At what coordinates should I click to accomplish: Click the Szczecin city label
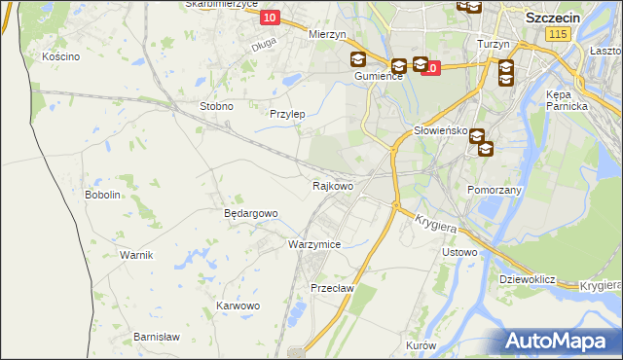[554, 18]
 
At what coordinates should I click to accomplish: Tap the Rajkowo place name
[333, 185]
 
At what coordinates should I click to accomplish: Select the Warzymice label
[314, 244]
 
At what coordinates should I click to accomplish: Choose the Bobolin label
[102, 195]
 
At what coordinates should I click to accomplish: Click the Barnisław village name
[157, 337]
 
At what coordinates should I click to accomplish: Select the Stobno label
[216, 106]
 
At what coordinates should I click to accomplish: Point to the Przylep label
[287, 114]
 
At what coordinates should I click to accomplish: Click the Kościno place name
[60, 56]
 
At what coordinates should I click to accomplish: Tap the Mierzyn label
[327, 33]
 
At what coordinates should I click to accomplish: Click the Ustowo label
[459, 252]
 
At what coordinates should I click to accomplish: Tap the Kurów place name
[421, 345]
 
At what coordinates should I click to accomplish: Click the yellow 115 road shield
[557, 34]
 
